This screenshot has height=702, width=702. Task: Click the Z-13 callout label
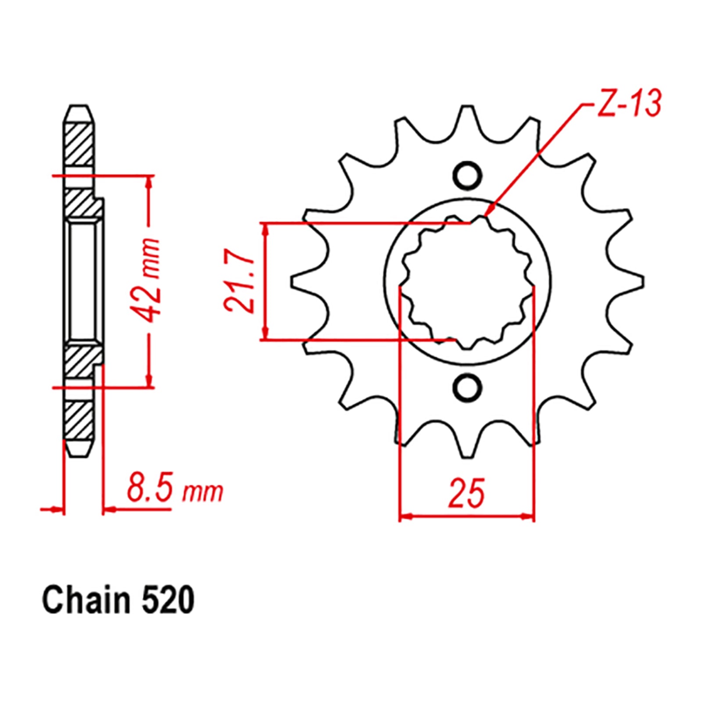point(629,104)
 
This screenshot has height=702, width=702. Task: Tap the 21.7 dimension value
point(240,281)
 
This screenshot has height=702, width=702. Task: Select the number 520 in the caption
point(168,601)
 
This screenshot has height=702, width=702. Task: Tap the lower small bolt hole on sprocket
point(467,387)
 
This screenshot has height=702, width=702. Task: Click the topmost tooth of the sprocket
point(468,118)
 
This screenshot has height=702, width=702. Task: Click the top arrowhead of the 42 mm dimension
point(150,182)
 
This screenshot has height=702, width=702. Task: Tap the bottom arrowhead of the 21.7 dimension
point(265,333)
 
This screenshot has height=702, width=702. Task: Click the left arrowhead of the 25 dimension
point(406,516)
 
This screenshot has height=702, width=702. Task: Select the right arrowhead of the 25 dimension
point(528,516)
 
